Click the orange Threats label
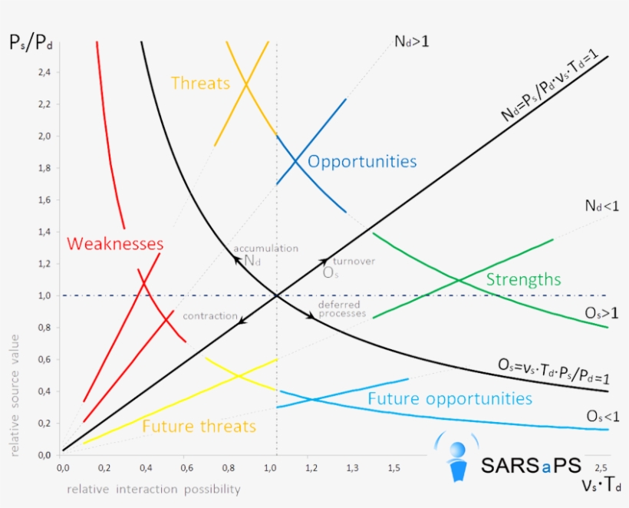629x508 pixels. click(x=200, y=83)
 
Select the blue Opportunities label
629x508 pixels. click(x=362, y=162)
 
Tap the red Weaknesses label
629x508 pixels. click(x=115, y=244)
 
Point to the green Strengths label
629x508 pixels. click(x=523, y=279)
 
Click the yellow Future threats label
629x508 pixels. click(x=199, y=427)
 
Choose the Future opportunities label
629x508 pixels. click(x=450, y=399)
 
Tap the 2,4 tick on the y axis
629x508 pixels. click(x=44, y=72)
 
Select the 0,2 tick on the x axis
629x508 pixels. click(x=104, y=467)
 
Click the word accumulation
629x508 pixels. click(x=265, y=249)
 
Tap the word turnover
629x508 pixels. click(x=354, y=262)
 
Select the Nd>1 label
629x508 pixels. click(x=411, y=40)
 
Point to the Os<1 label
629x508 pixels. click(x=603, y=415)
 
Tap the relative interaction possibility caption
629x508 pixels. click(x=153, y=489)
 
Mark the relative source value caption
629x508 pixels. click(x=15, y=395)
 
